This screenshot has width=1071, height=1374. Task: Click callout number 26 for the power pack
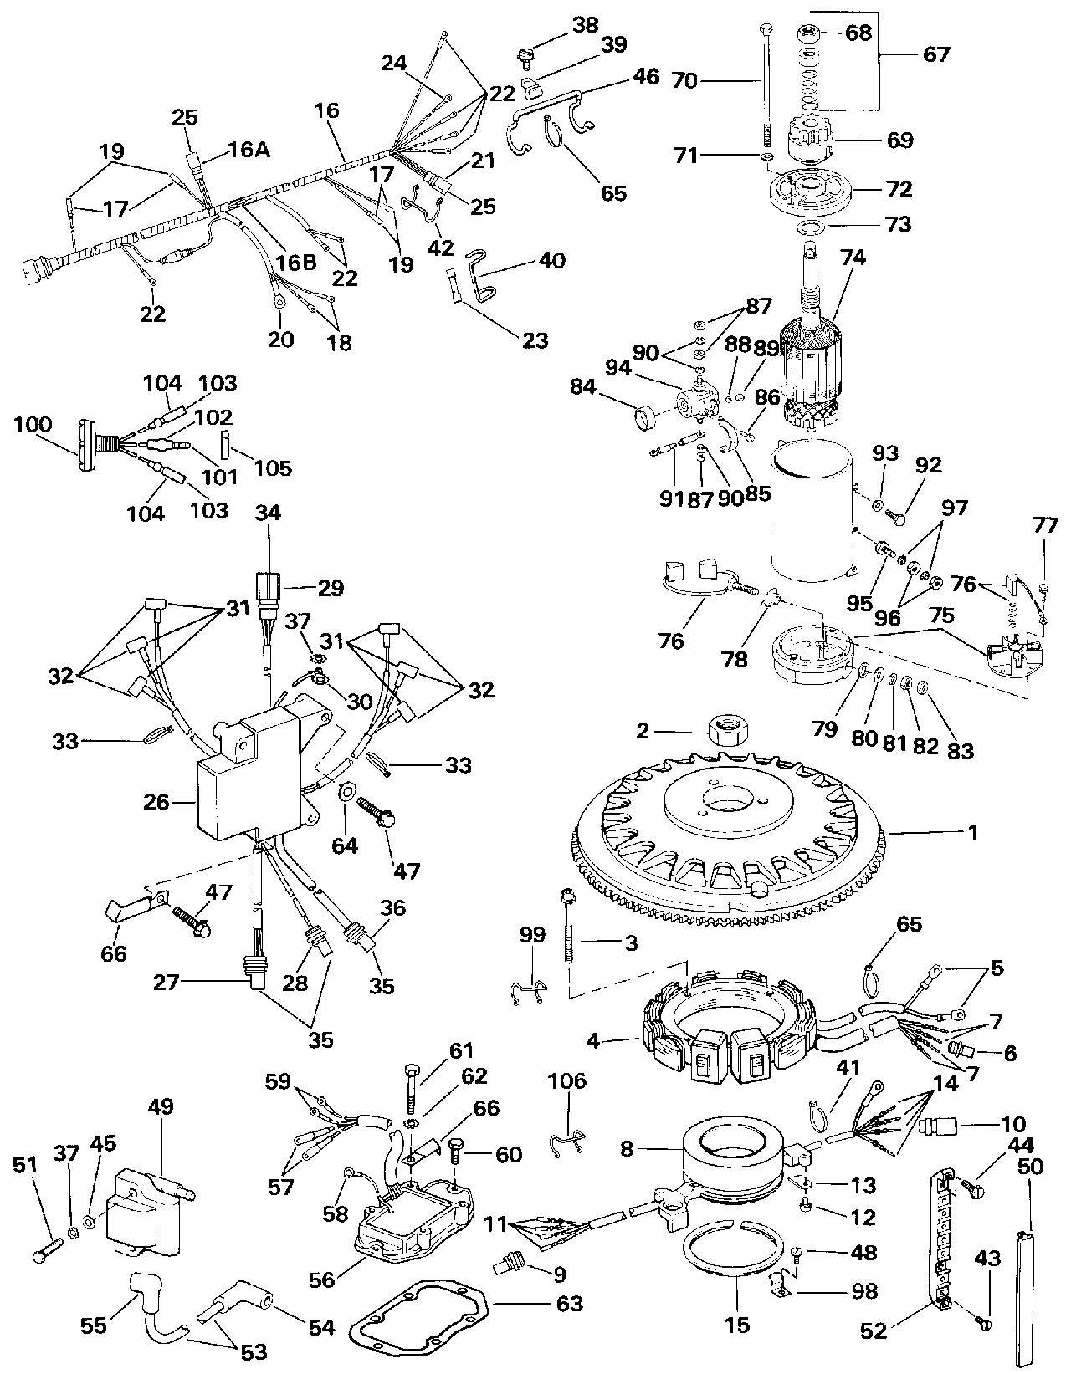156,803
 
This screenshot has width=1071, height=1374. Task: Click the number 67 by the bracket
936,55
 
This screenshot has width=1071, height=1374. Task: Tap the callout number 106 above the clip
567,1084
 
